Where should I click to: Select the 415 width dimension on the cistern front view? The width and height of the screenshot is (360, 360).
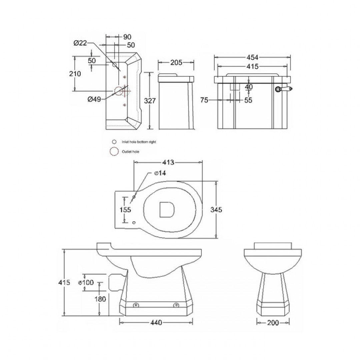252,67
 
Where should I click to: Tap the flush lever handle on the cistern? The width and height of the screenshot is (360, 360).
284,89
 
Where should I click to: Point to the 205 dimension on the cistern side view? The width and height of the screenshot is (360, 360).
176,63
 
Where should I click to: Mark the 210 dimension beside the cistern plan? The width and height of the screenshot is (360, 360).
75,74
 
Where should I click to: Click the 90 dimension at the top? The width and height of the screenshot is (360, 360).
127,37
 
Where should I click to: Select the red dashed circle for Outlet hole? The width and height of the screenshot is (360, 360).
114,152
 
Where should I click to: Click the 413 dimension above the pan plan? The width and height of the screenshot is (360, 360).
168,162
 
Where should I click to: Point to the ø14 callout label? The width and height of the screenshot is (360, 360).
160,173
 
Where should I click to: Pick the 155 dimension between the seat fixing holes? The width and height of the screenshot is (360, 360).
125,210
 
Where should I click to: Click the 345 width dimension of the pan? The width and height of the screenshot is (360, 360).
216,210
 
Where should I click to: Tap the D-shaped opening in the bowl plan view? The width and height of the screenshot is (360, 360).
167,210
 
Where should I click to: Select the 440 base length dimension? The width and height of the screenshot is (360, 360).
156,322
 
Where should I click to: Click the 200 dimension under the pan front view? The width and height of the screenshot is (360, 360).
273,322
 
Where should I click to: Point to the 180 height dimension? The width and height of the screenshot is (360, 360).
100,299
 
